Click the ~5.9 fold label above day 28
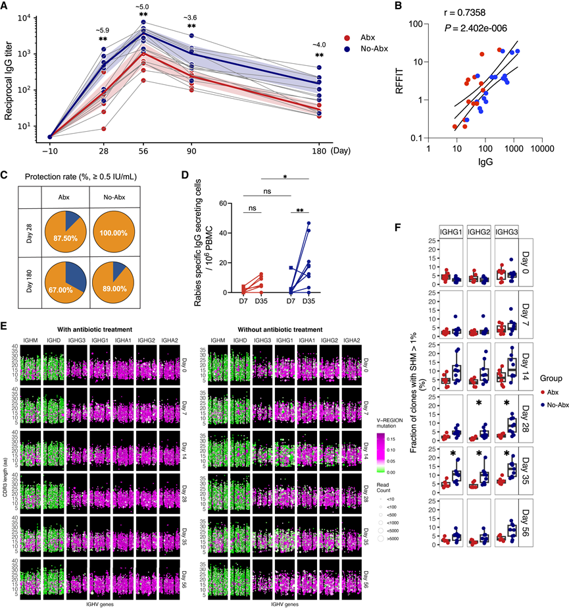(x=103, y=30)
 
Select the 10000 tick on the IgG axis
(x=541, y=150)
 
